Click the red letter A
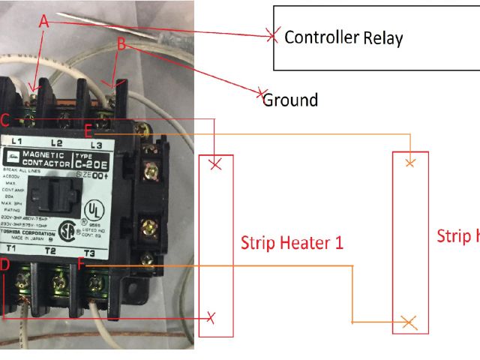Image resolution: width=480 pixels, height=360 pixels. coord(43,23)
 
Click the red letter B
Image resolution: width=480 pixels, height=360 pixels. coord(121,44)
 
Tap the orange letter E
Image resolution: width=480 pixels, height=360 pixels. coord(88,130)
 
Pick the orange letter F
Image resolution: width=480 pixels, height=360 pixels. coord(82,264)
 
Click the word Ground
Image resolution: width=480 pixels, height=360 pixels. coord(290,100)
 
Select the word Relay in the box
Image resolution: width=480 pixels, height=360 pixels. coord(383,38)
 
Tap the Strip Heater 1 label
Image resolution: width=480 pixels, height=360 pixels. coord(292,243)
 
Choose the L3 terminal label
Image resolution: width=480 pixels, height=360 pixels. coord(95,144)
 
